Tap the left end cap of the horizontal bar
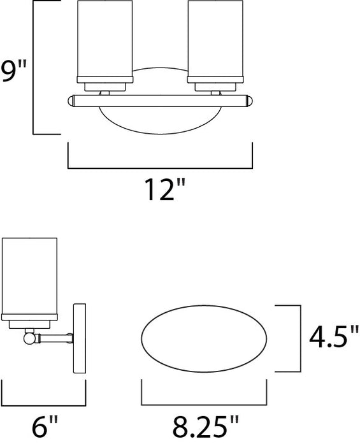click(69, 100)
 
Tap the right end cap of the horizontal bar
click(250, 100)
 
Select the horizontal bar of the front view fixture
click(160, 100)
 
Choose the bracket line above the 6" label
click(43, 405)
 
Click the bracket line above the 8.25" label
click(203, 405)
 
